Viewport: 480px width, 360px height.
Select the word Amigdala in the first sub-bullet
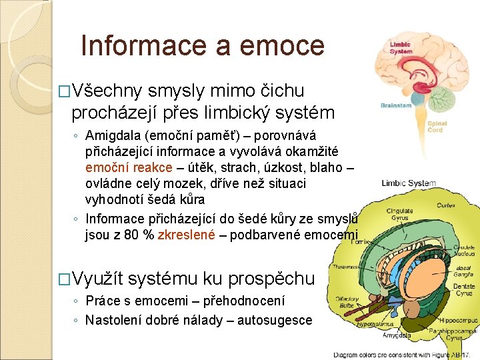112,137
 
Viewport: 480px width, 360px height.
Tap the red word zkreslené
186,234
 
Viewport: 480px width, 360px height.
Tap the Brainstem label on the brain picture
396,105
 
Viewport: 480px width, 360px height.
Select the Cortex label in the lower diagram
446,206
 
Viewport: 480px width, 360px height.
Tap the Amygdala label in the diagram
399,336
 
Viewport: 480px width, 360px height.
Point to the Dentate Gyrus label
464,289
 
